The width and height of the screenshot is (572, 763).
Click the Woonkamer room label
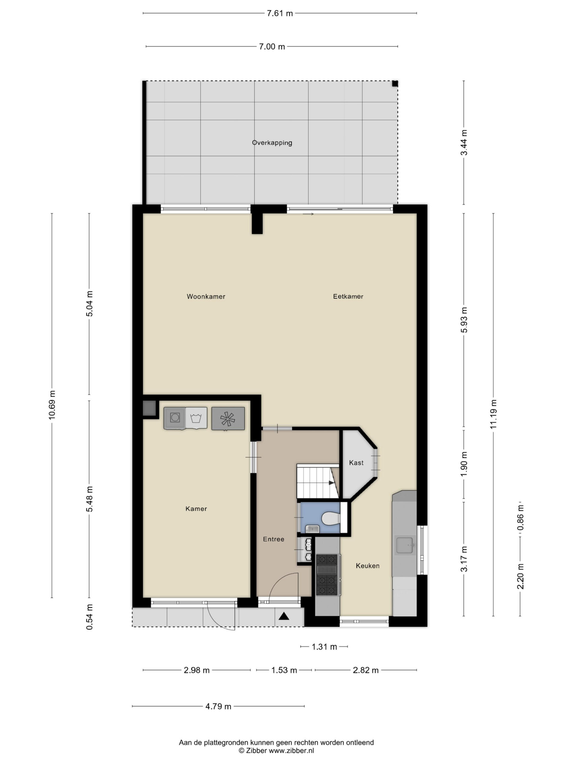coord(206,296)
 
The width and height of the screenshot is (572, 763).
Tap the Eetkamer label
coord(348,296)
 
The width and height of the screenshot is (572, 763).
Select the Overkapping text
coord(272,143)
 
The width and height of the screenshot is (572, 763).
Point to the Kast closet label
coord(356,463)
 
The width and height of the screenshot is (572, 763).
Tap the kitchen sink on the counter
coord(405,545)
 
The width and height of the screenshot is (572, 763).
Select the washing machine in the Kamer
coord(175,418)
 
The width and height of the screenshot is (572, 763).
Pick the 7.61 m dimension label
coord(280,13)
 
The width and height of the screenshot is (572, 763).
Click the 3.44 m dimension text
coord(464,142)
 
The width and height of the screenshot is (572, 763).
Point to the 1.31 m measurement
coord(324,647)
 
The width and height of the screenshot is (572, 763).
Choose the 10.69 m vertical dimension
coord(52,405)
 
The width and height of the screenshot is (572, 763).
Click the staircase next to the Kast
coord(318,481)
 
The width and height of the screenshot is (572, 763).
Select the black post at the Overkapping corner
coord(395,83)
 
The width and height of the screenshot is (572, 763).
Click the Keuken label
coord(368,566)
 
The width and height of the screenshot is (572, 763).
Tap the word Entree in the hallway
coord(273,539)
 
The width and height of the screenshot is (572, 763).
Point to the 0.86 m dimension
coord(521,517)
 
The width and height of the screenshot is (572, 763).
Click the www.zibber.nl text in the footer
coord(291,750)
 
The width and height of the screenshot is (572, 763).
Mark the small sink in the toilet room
coord(313,529)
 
